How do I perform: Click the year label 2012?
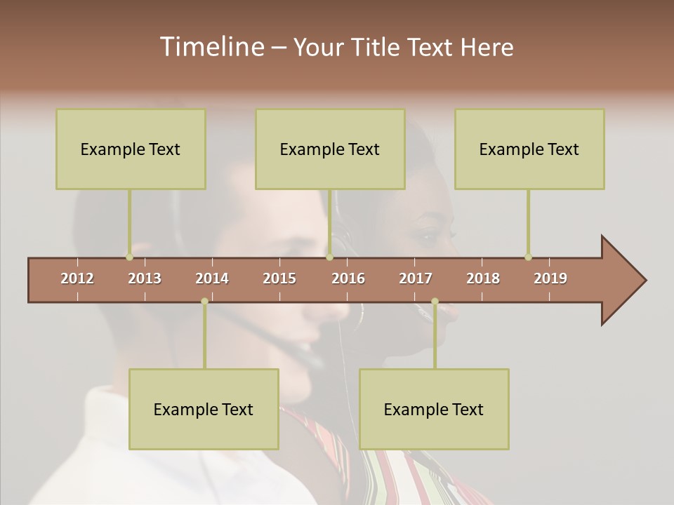click(x=77, y=278)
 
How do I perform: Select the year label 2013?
click(x=145, y=278)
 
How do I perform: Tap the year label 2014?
click(x=212, y=278)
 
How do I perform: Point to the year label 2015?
click(x=279, y=278)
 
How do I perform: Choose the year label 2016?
click(x=348, y=278)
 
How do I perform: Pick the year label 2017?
click(x=416, y=278)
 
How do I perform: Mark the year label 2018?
click(x=483, y=278)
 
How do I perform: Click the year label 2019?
click(x=550, y=278)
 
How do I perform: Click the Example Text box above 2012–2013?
click(x=131, y=149)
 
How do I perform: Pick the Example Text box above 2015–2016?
click(x=330, y=149)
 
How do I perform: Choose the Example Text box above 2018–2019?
click(x=529, y=149)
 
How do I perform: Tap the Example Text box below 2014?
click(x=204, y=409)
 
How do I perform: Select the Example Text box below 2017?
click(x=434, y=409)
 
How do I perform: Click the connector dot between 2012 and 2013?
click(x=129, y=257)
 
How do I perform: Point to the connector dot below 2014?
click(x=204, y=302)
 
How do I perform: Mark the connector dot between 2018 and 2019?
click(x=528, y=257)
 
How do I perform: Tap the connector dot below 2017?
click(x=435, y=302)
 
